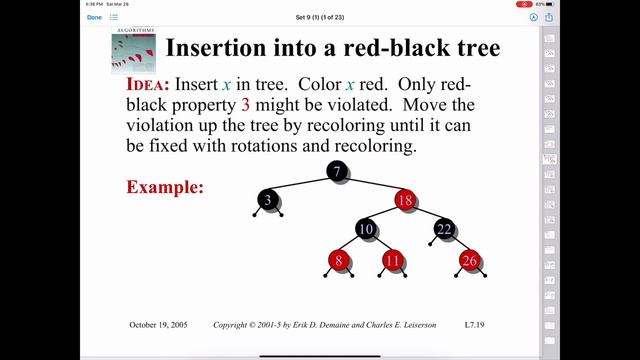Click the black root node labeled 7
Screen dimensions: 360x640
[x=338, y=172]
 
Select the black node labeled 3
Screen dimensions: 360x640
[x=268, y=200]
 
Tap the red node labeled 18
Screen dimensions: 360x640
[x=404, y=200]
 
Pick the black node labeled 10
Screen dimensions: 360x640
[x=366, y=230]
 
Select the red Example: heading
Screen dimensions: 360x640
[x=165, y=187]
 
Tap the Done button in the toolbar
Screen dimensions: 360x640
[x=94, y=17]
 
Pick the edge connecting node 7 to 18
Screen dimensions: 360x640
[x=371, y=186]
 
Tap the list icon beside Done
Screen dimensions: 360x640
[x=114, y=17]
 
